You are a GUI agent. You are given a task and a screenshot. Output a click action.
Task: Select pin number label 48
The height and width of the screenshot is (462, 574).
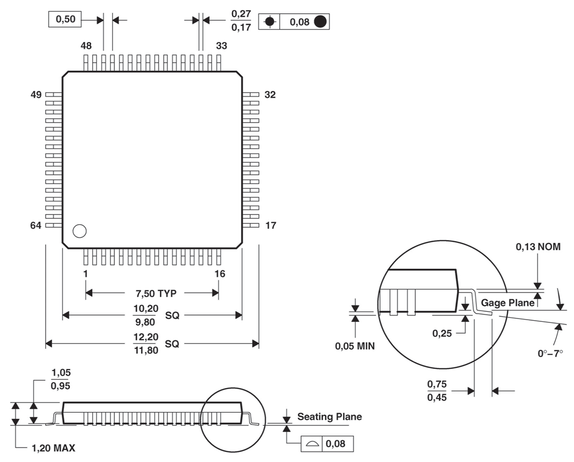click(x=86, y=46)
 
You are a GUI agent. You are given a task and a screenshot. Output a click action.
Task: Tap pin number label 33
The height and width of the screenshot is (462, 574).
click(x=221, y=46)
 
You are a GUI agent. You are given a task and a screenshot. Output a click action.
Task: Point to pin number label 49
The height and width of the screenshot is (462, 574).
click(x=36, y=95)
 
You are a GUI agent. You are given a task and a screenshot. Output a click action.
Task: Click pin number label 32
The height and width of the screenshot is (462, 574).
click(x=270, y=95)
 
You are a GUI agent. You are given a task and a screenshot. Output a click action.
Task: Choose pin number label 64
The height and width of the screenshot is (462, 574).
click(x=36, y=225)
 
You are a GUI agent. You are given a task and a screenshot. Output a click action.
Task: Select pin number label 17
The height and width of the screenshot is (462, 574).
click(x=270, y=225)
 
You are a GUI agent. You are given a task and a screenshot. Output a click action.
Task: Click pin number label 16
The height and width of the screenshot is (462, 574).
click(x=220, y=274)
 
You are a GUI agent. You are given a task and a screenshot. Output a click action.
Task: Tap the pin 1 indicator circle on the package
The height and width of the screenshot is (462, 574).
click(x=80, y=231)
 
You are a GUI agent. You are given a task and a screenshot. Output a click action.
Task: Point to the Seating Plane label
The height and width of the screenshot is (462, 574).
click(x=329, y=417)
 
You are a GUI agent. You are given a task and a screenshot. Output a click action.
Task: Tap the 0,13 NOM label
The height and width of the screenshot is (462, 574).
click(x=538, y=247)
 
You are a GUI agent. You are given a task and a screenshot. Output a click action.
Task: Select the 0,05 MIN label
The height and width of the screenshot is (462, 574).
click(x=355, y=346)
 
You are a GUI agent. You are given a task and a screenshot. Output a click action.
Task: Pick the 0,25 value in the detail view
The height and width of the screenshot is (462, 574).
click(x=442, y=333)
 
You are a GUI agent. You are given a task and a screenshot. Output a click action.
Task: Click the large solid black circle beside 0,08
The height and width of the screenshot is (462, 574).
click(x=320, y=22)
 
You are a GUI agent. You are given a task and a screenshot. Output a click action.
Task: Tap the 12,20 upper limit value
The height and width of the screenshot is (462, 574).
click(x=145, y=337)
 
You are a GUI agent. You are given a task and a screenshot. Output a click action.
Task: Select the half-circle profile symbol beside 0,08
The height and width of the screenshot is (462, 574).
click(x=312, y=444)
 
